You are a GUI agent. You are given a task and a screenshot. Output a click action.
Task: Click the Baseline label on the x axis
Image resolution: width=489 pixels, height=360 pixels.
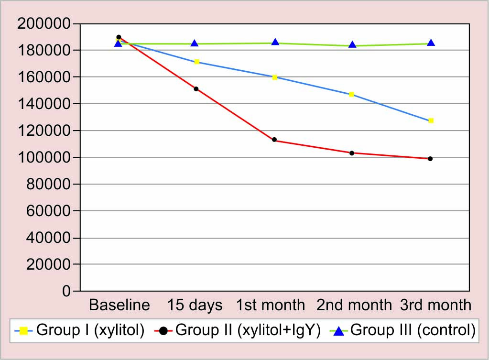pyautogui.click(x=120, y=305)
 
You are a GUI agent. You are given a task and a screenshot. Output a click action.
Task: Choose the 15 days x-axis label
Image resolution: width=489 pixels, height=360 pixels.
pyautogui.click(x=195, y=305)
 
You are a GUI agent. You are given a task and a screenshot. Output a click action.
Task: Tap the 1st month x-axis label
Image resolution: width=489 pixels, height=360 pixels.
pyautogui.click(x=271, y=305)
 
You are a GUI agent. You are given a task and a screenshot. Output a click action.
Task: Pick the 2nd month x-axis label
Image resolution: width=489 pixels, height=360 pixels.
pyautogui.click(x=354, y=305)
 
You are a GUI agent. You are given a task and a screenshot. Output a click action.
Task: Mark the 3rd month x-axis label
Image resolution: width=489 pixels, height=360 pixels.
pyautogui.click(x=435, y=305)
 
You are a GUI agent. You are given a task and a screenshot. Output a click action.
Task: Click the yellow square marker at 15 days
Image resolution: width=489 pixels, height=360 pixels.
pyautogui.click(x=196, y=62)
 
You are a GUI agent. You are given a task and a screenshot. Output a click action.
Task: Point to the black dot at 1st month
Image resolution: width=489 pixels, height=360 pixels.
pyautogui.click(x=274, y=140)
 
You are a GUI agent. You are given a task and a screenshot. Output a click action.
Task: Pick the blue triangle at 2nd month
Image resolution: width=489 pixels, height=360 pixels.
pyautogui.click(x=352, y=44)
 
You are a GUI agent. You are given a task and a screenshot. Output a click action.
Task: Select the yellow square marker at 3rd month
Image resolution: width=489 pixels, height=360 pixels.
pyautogui.click(x=431, y=120)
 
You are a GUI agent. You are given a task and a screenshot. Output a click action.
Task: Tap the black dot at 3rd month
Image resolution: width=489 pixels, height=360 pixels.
pyautogui.click(x=430, y=159)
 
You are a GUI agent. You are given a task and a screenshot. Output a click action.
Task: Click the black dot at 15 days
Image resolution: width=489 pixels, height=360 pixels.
pyautogui.click(x=196, y=88)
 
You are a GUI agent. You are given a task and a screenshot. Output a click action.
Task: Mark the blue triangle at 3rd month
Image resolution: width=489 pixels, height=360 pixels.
pyautogui.click(x=431, y=43)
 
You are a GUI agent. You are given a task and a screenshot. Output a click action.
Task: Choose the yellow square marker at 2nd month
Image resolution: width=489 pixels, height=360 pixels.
pyautogui.click(x=351, y=95)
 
